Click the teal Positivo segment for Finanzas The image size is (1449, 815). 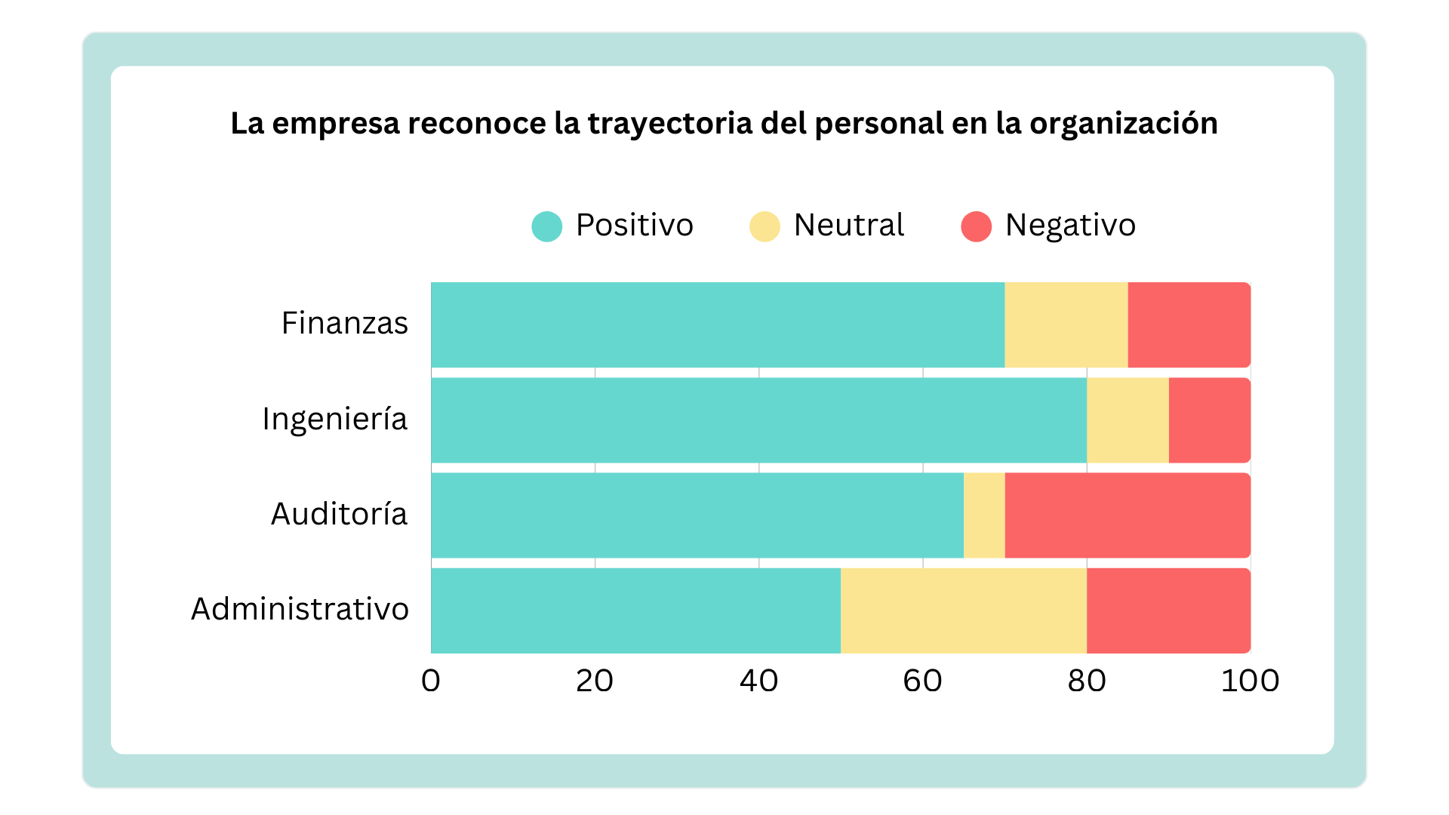717,324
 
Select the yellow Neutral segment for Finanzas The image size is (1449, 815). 1066,324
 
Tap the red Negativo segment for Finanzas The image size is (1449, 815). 1189,324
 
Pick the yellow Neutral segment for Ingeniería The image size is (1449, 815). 1128,420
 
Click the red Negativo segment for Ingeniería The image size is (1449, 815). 1209,420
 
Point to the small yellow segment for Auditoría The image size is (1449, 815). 984,515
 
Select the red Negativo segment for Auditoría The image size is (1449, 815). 1128,515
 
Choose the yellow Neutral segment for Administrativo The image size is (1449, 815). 963,610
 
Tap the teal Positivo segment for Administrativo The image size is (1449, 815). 635,610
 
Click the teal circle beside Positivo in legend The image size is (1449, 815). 547,226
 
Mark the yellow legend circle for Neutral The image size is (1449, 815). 764,226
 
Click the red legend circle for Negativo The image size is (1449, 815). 976,226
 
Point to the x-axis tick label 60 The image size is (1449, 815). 922,681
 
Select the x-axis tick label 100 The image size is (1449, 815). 1250,681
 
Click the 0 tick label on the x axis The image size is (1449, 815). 431,681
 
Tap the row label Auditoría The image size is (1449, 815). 339,514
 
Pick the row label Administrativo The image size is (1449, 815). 300,609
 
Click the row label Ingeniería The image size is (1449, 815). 334,419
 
